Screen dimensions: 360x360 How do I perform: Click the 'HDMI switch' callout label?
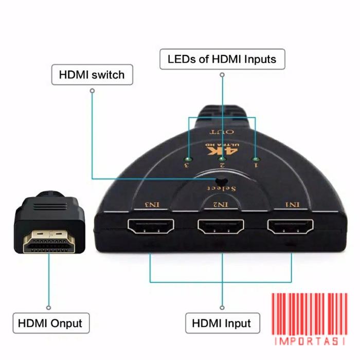(92, 75)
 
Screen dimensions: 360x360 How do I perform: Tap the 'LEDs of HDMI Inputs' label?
(222, 59)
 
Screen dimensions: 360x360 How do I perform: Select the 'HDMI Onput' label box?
(50, 323)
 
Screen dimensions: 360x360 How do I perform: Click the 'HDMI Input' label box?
(222, 323)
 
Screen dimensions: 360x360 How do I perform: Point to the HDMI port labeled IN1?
(290, 226)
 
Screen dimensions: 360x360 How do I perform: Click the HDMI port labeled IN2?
(221, 226)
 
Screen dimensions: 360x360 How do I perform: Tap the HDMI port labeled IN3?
(151, 226)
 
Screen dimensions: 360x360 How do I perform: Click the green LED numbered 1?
(256, 159)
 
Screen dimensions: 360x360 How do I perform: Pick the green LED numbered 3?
(189, 159)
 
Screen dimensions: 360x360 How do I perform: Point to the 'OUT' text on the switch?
(223, 132)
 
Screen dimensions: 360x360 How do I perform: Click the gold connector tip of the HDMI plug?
(49, 242)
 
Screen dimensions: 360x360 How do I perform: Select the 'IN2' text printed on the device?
(221, 205)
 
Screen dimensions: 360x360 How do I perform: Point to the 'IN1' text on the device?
(293, 205)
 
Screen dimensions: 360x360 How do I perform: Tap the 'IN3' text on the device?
(152, 205)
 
